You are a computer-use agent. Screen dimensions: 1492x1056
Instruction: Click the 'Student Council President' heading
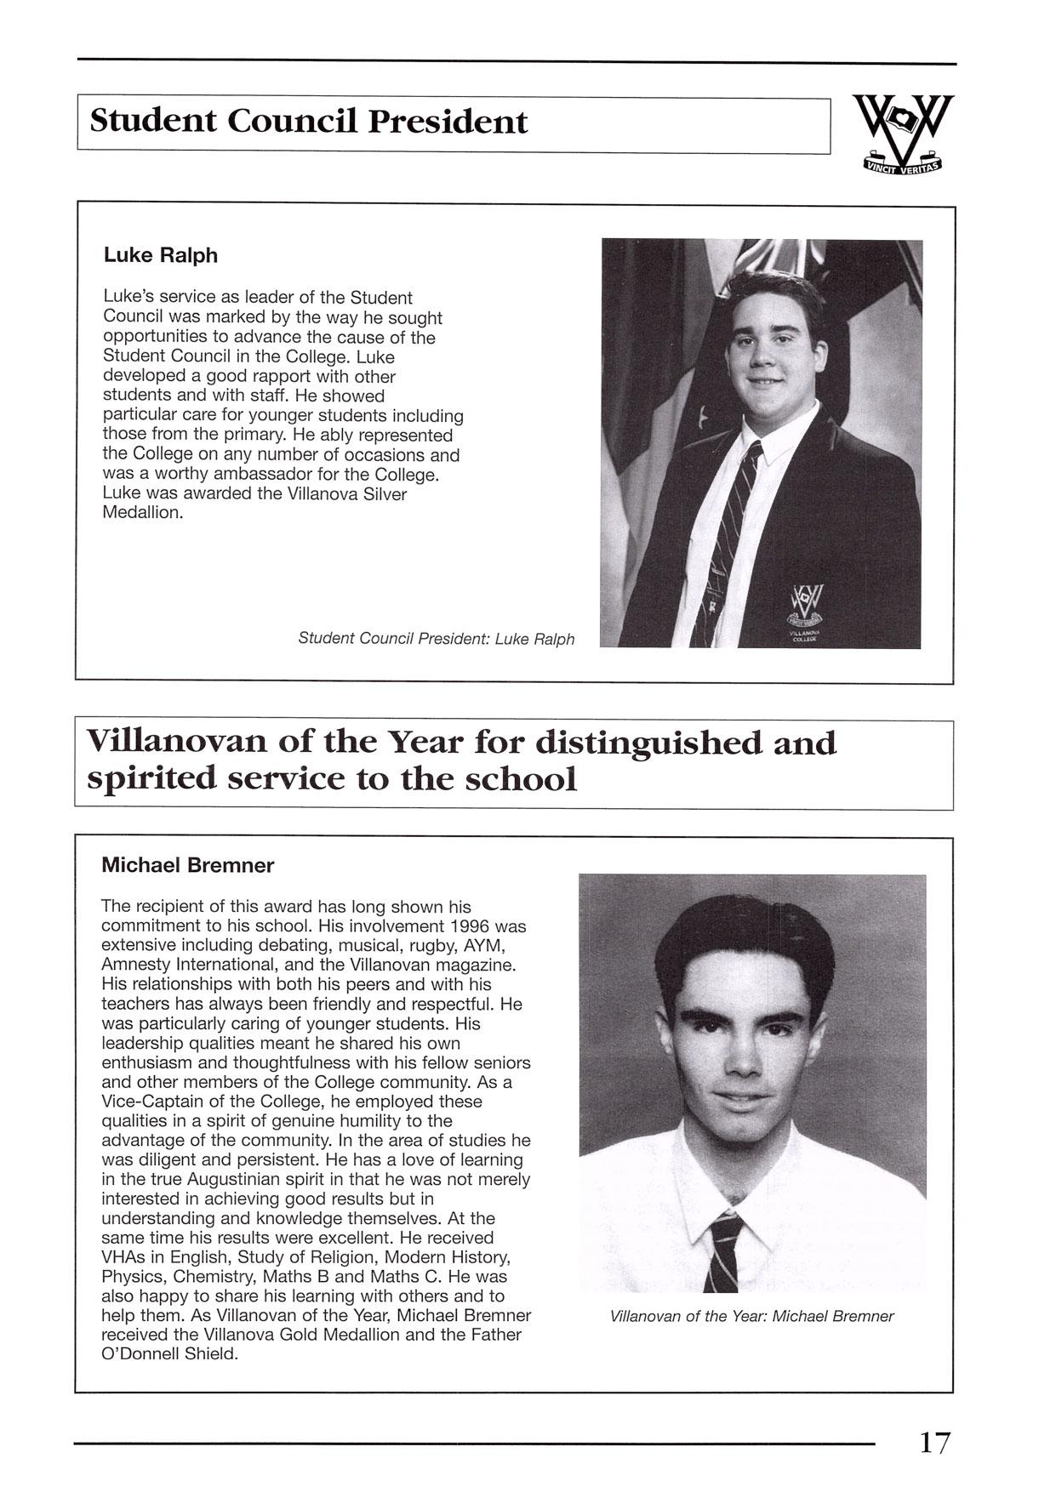coord(308,122)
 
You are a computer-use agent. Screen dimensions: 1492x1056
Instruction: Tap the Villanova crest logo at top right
coord(903,134)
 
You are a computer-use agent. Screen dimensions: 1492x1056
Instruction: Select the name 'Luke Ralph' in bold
coord(160,255)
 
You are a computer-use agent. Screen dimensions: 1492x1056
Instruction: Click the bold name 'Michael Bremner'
coord(187,866)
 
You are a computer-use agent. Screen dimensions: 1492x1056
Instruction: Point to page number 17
coord(933,1443)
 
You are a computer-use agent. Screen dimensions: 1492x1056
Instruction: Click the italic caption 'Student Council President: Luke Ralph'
coord(436,639)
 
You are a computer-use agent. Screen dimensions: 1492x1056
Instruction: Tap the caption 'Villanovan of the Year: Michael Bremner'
coord(751,1317)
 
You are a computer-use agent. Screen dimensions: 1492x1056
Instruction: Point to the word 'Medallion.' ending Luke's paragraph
coord(142,514)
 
